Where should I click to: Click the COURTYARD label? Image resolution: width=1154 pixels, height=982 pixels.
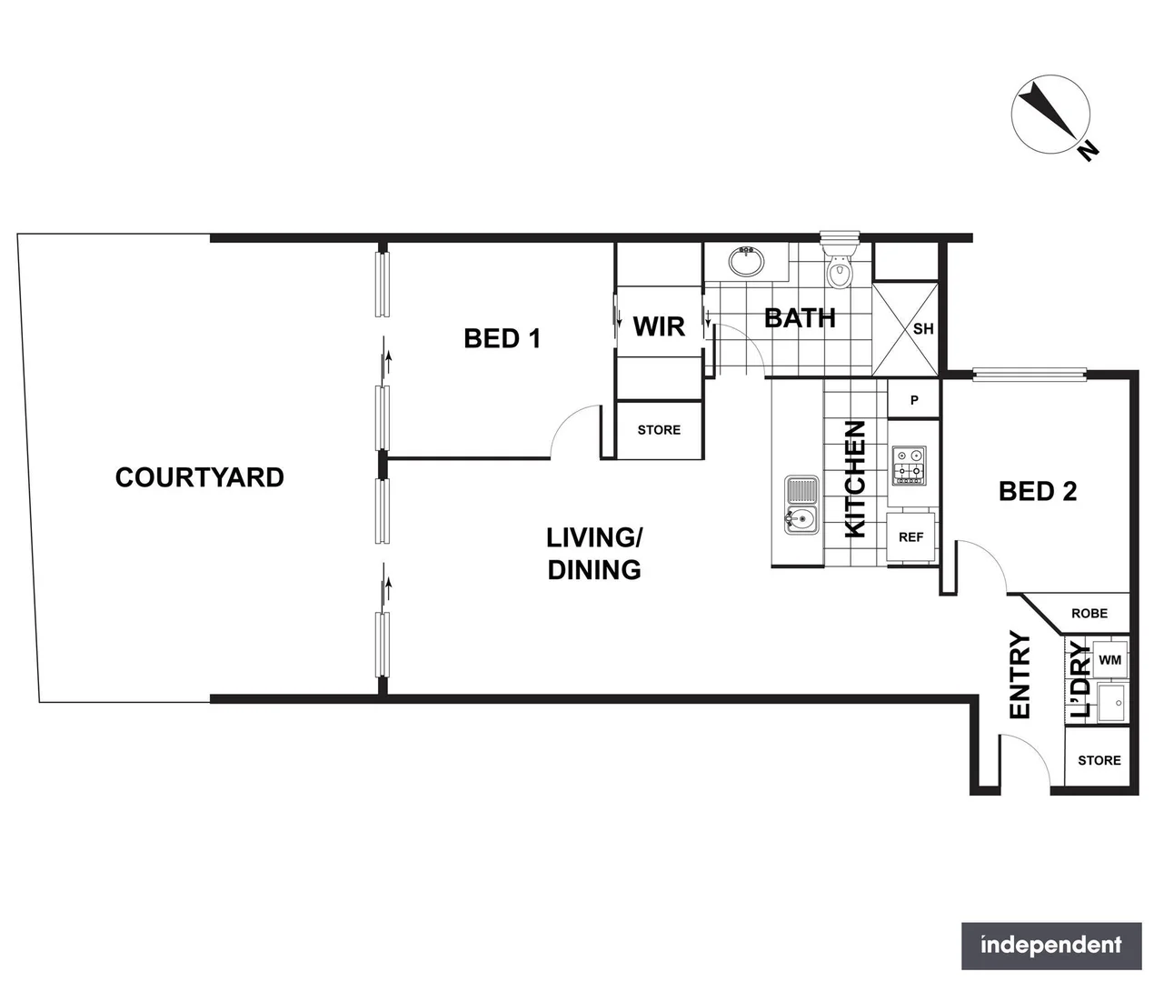pyautogui.click(x=199, y=477)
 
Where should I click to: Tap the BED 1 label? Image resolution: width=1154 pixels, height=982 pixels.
pyautogui.click(x=502, y=338)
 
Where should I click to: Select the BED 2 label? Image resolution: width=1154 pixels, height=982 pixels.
pyautogui.click(x=1037, y=492)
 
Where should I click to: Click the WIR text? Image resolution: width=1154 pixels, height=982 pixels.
pyautogui.click(x=659, y=326)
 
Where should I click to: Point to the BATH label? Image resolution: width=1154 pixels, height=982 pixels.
pyautogui.click(x=800, y=318)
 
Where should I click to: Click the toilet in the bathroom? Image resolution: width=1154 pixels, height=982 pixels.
pyautogui.click(x=838, y=266)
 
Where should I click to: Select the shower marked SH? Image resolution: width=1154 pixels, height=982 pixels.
pyautogui.click(x=905, y=328)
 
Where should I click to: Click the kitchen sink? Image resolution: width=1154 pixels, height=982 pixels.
pyautogui.click(x=801, y=506)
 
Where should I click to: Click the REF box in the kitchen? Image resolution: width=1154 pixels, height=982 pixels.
pyautogui.click(x=910, y=537)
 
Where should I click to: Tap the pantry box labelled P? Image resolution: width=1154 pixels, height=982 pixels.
pyautogui.click(x=913, y=400)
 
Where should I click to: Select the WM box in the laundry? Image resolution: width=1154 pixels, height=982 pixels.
pyautogui.click(x=1109, y=659)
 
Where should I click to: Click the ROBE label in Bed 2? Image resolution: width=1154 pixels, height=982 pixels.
pyautogui.click(x=1089, y=614)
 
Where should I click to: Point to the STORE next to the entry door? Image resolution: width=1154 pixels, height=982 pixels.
pyautogui.click(x=1098, y=760)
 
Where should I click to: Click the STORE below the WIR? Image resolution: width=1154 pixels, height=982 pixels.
pyautogui.click(x=659, y=430)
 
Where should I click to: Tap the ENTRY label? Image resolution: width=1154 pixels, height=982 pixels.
pyautogui.click(x=1020, y=675)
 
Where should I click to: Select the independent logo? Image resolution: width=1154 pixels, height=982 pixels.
pyautogui.click(x=1050, y=946)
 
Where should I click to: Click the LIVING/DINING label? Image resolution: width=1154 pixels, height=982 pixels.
pyautogui.click(x=594, y=553)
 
